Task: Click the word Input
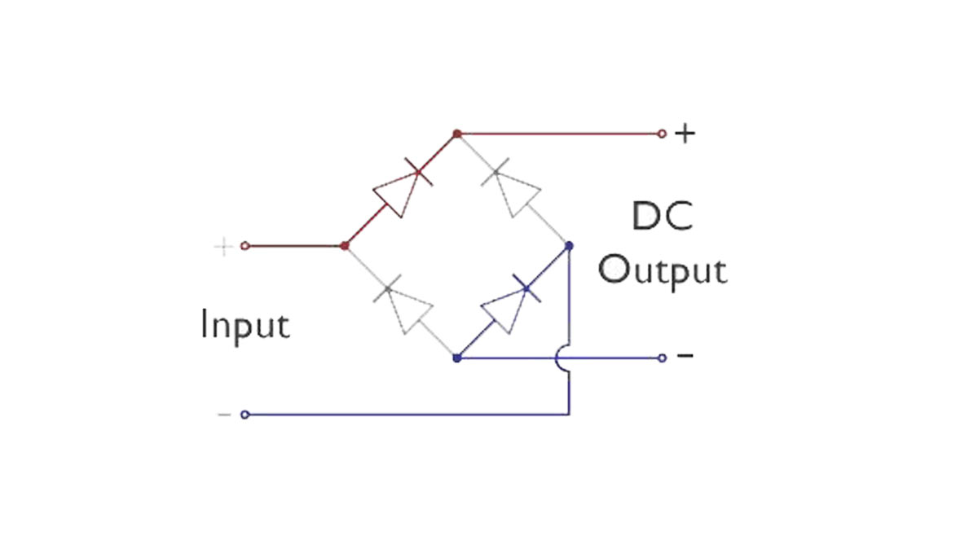(x=244, y=326)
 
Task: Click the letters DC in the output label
(x=662, y=218)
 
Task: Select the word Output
(x=662, y=271)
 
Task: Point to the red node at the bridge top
(x=457, y=134)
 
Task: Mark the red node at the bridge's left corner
(x=345, y=245)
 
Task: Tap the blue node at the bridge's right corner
(x=569, y=245)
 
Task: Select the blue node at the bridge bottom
(x=457, y=358)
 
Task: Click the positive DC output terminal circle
(x=662, y=134)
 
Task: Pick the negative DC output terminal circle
(x=662, y=358)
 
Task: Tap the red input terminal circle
(x=244, y=245)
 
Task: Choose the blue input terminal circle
(x=244, y=415)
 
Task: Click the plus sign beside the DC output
(x=685, y=134)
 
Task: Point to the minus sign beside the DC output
(x=685, y=356)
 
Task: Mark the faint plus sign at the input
(x=222, y=246)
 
